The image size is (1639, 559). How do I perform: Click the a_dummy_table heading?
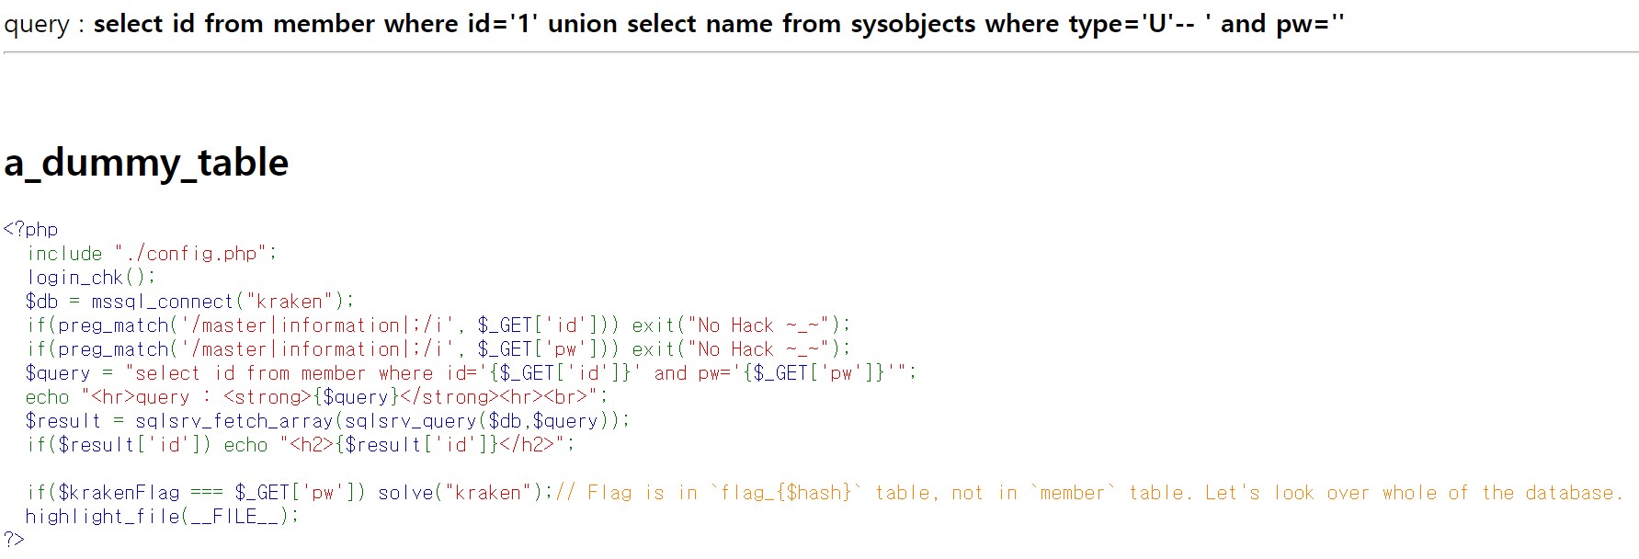146,164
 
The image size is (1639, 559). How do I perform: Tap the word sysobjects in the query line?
913,23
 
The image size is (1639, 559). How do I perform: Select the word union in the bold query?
582,23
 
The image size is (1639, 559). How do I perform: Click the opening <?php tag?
30,229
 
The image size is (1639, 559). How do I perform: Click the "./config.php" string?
190,254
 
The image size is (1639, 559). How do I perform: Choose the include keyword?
64,254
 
